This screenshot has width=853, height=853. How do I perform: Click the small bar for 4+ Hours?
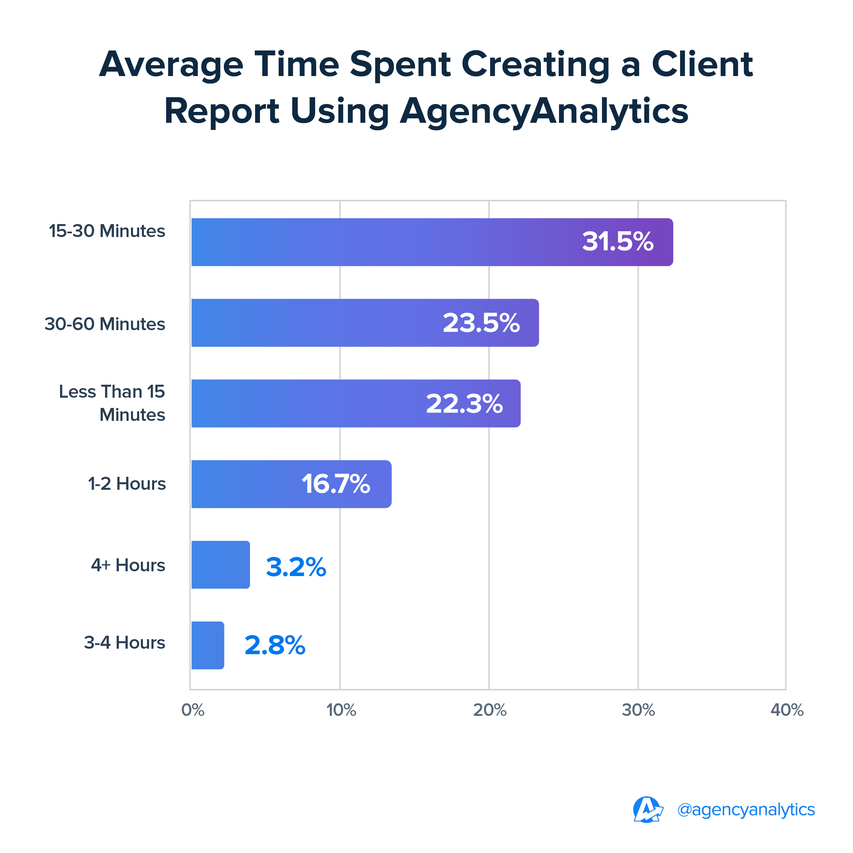220,565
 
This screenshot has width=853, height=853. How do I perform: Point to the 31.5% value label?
617,242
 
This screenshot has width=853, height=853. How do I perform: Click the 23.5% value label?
481,323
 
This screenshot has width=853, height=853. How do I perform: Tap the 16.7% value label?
336,484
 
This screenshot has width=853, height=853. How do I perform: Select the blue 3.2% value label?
296,567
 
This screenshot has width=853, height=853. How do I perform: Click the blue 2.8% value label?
275,646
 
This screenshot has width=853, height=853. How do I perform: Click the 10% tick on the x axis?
341,710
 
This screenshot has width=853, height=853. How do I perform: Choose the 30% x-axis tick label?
638,710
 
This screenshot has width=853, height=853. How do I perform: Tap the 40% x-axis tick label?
787,710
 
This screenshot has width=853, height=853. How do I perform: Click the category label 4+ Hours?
128,565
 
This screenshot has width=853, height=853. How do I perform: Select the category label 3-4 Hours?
124,643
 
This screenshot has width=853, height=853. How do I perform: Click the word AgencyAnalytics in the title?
544,111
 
